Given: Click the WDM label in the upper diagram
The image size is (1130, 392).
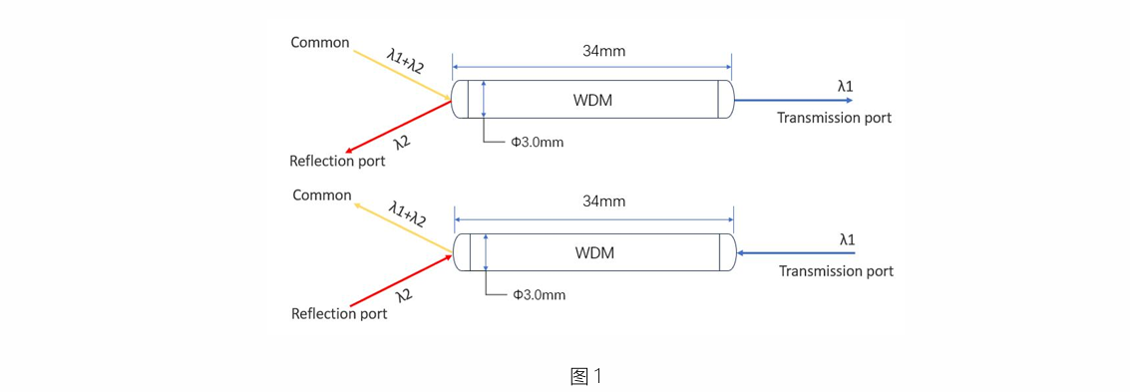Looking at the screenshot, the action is point(594,100).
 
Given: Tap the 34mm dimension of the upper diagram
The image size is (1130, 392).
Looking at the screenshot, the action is point(603,51).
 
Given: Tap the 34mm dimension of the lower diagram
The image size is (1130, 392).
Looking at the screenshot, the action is point(604,201).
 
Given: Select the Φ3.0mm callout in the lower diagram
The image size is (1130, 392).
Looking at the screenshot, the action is point(539,294).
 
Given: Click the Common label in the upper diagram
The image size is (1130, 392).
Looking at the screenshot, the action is point(320,43).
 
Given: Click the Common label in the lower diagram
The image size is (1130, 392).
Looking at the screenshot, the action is point(322,196).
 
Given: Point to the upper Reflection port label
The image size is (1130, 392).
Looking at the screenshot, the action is point(337,161).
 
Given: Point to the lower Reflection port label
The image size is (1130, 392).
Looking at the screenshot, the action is point(339,313).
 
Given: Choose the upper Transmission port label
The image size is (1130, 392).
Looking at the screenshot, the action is point(834,118).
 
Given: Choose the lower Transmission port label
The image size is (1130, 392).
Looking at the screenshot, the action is point(836,271).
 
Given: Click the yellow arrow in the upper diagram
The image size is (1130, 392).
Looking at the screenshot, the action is point(401,74).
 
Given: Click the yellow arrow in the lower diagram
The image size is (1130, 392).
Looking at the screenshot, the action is point(403,227).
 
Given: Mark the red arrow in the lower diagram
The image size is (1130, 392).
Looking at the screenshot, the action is point(401,279).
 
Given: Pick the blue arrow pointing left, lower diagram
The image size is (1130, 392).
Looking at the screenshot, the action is point(795,253).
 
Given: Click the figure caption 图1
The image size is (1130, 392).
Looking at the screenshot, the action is point(585,375).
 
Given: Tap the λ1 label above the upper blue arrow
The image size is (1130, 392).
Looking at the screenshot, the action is point(846,87).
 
